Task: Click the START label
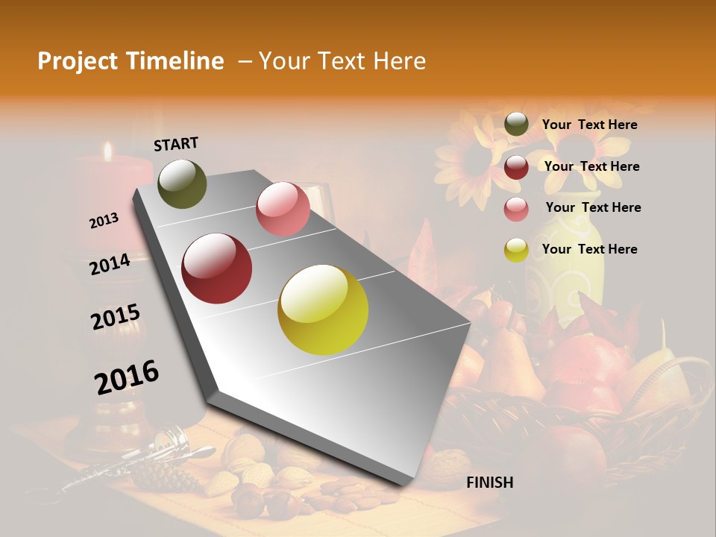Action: pos(176,144)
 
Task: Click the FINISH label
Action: pos(489,483)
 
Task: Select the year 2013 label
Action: pos(104,221)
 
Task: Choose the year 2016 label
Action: pos(127,377)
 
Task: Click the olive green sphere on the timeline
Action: pos(182,183)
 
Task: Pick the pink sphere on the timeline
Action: pos(283,209)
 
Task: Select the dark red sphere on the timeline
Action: pos(217,268)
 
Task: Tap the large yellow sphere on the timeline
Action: pos(323,310)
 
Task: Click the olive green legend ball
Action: pos(516,125)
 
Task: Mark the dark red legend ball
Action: pos(516,167)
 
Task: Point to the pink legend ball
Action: pos(516,209)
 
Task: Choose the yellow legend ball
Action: pos(516,250)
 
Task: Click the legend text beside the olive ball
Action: pos(589,125)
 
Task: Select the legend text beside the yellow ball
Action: pos(589,249)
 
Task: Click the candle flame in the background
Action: pos(107,151)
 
